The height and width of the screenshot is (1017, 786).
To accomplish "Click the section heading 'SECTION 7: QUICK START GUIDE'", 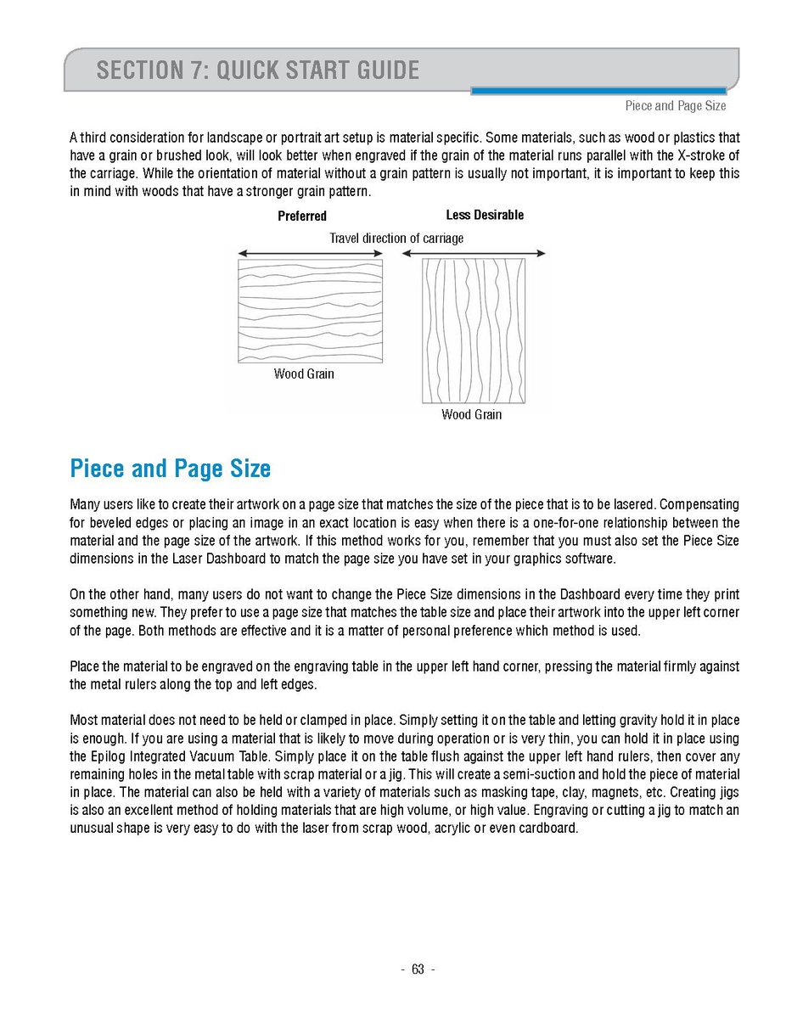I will coord(258,70).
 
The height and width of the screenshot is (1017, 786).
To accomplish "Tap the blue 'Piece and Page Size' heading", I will coord(171,469).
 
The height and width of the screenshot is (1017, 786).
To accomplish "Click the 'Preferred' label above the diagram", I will coord(302,216).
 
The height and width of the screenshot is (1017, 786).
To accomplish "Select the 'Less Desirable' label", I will coord(485,215).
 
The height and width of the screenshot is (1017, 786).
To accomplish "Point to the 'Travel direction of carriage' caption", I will coord(396,239).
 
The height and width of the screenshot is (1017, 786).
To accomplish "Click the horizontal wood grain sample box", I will coord(310,311).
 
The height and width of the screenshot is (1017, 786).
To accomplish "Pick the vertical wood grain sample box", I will coord(474,330).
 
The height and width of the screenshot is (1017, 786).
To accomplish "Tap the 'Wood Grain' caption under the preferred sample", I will coord(304,374).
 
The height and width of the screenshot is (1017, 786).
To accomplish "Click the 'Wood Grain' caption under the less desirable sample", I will coord(471,415).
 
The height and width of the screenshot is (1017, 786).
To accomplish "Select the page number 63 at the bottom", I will coord(418,970).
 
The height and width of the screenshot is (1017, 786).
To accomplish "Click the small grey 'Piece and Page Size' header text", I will coord(676,106).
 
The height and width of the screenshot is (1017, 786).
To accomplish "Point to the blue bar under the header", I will coord(598,91).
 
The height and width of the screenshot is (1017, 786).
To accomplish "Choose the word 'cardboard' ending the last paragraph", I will coord(547,828).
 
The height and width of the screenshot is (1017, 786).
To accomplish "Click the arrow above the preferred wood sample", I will coord(310,253).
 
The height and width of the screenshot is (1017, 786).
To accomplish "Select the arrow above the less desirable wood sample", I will coord(474,253).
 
